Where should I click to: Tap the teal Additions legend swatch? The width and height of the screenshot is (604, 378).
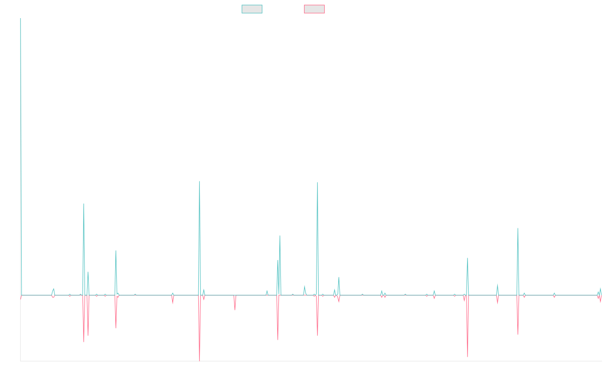pyautogui.click(x=252, y=9)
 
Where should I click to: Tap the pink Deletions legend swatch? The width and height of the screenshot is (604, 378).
pyautogui.click(x=314, y=9)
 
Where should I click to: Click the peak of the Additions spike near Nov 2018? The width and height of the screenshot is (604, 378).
pyautogui.click(x=199, y=181)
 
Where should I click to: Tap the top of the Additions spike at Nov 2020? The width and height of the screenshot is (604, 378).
pyautogui.click(x=318, y=182)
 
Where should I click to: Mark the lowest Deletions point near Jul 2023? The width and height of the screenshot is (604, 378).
pyautogui.click(x=468, y=357)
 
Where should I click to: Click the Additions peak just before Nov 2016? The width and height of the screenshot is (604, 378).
pyautogui.click(x=84, y=204)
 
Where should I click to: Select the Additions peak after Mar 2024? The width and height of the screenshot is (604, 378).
pyautogui.click(x=518, y=228)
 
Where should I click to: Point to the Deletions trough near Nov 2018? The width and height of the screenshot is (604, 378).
pyautogui.click(x=199, y=360)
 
